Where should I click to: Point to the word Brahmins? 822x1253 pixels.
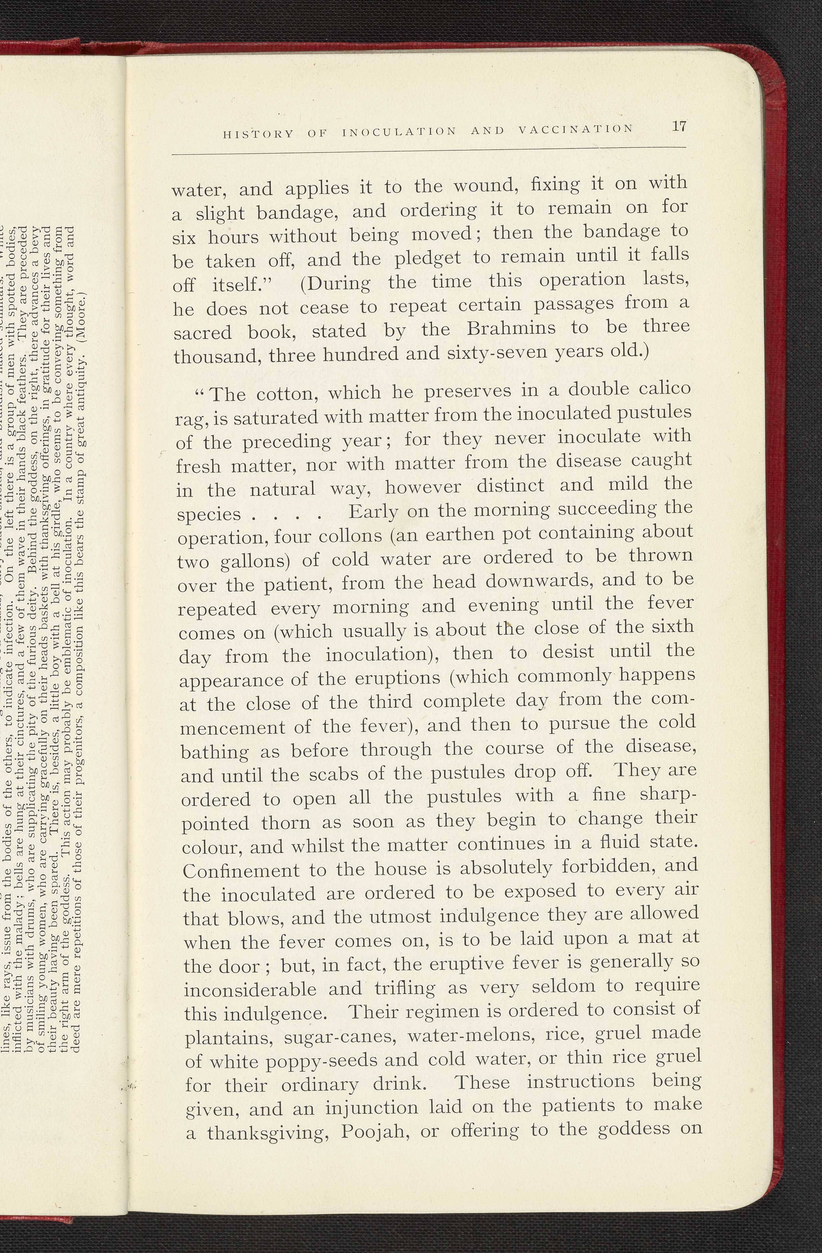pyautogui.click(x=511, y=329)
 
